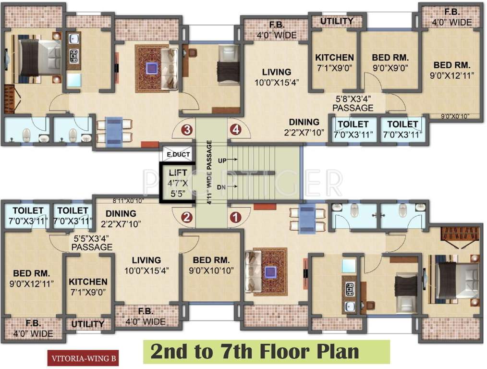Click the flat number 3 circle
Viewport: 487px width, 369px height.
coord(187,130)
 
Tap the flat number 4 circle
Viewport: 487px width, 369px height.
coord(235,130)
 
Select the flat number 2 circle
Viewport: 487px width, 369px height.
coord(187,218)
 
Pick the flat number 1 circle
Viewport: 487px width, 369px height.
coord(235,218)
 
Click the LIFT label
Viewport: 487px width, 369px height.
coord(178,172)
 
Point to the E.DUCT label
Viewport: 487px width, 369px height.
coord(178,154)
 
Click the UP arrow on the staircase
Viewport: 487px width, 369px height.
coord(232,160)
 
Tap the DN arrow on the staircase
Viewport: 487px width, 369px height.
coord(232,187)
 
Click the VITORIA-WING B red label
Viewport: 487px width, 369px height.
coord(83,358)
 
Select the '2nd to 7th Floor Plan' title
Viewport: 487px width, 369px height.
coord(255,352)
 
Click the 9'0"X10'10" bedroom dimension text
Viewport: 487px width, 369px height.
coord(211,271)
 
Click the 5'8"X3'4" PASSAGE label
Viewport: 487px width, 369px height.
coord(353,103)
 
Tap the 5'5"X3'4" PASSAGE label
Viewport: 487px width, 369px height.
coord(92,243)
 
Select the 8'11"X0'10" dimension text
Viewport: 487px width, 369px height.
coord(128,201)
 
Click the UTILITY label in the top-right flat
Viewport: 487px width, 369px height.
coord(337,21)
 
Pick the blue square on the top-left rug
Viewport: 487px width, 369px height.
coord(152,68)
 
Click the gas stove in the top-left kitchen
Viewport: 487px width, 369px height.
coord(74,56)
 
